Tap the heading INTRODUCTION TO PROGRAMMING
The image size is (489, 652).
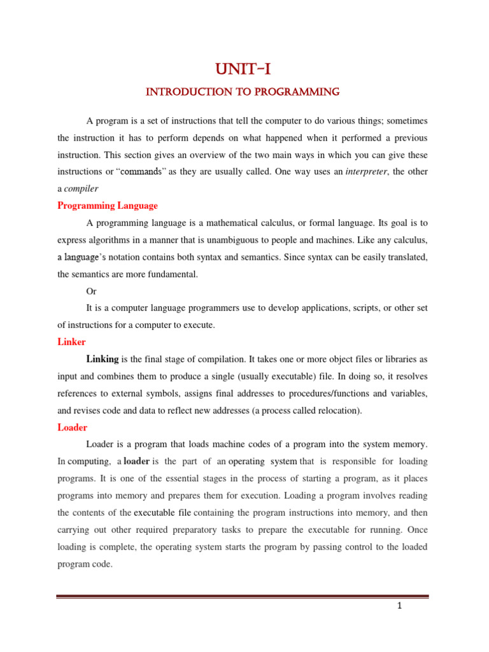(x=243, y=93)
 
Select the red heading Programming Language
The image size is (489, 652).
(x=107, y=206)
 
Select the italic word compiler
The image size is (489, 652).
(x=82, y=189)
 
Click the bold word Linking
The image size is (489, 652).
(x=103, y=359)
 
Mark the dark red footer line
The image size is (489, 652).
(x=243, y=597)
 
